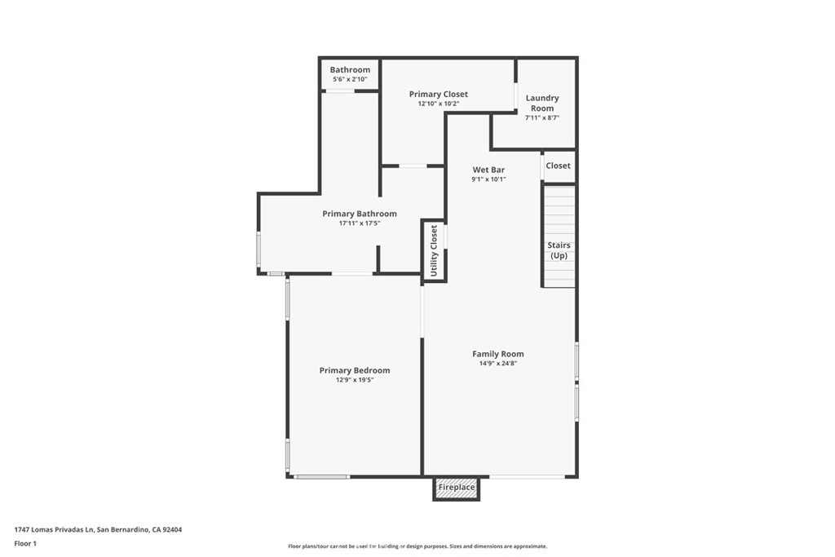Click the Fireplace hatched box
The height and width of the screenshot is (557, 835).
[457, 488]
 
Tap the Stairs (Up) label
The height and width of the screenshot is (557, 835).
[559, 250]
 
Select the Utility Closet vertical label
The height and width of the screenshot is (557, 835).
[434, 251]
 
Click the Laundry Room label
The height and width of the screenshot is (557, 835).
[542, 103]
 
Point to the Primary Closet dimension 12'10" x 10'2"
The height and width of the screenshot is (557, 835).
[438, 104]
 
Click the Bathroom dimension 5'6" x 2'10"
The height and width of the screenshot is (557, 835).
[350, 79]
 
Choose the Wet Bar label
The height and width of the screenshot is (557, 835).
[488, 170]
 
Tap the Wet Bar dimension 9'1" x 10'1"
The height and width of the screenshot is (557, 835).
[488, 179]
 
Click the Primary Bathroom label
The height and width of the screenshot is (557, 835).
[360, 214]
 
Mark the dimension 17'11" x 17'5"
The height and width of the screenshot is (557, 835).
[360, 223]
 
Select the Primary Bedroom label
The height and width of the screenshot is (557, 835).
[355, 370]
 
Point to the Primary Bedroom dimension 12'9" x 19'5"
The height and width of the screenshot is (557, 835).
[355, 380]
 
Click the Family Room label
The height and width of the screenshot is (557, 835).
[498, 354]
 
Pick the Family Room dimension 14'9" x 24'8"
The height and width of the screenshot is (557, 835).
[498, 364]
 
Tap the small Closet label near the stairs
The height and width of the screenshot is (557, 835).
[558, 166]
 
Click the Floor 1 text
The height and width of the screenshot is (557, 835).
[25, 544]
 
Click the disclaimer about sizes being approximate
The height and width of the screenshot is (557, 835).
[417, 546]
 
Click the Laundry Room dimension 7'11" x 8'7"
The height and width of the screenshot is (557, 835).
[542, 118]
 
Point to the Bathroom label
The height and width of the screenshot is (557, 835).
[350, 70]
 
